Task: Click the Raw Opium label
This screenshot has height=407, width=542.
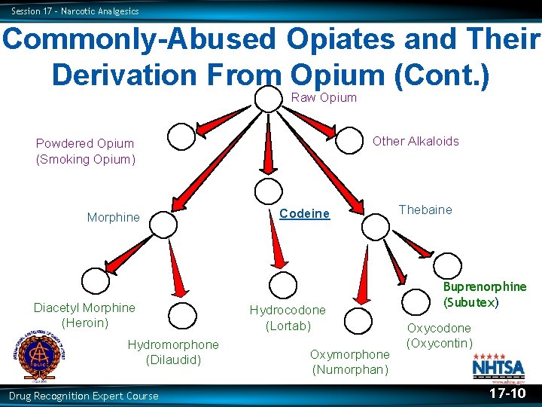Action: pos(324,97)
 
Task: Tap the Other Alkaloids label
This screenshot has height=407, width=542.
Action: pos(416,141)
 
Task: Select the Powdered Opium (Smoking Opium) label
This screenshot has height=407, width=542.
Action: pos(85,151)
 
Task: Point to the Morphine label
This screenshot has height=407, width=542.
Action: pos(113,217)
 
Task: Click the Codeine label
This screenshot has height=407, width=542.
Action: pos(304,213)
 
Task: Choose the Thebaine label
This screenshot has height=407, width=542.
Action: pos(425,210)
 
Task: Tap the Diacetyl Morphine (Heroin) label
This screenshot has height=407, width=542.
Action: pos(84,315)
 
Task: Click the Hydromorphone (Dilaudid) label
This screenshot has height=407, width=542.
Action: pos(173,352)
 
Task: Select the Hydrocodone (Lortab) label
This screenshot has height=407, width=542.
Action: pos(288,317)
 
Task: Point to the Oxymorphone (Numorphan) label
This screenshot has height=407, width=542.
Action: pos(350,362)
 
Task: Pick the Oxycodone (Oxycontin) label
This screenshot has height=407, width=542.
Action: pos(439,335)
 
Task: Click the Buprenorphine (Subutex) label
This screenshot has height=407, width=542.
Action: pos(484,294)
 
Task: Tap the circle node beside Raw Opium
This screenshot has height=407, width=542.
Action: pos(267,98)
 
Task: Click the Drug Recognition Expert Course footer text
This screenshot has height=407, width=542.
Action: pos(84,396)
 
